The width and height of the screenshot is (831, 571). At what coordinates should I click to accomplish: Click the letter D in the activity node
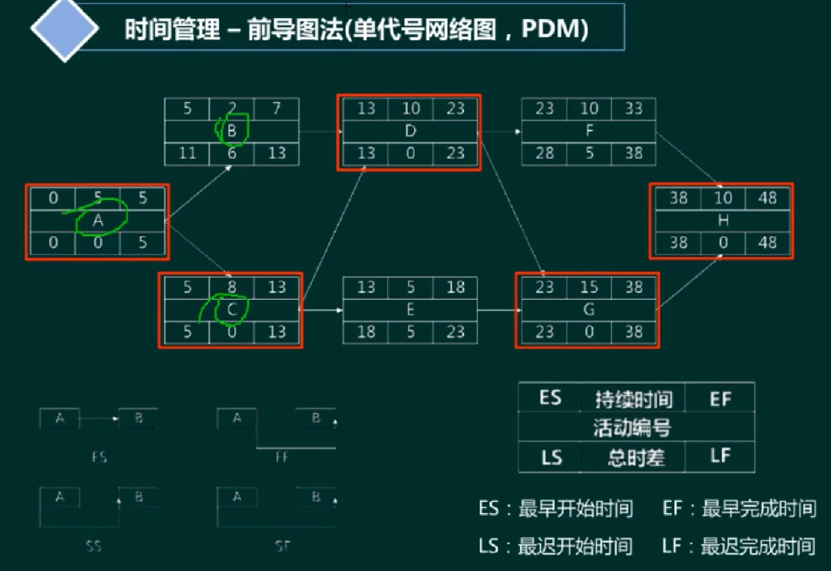click(x=410, y=131)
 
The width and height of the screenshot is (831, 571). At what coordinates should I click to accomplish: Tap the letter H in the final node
click(x=722, y=220)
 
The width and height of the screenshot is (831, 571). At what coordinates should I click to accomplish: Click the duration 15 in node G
click(x=588, y=287)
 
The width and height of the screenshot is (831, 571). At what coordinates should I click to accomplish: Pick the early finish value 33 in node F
click(x=633, y=109)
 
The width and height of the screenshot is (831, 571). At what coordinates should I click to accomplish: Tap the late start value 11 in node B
click(x=187, y=153)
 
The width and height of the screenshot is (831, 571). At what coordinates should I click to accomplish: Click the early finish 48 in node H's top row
click(x=767, y=198)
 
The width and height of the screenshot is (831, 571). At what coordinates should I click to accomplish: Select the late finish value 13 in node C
click(x=277, y=332)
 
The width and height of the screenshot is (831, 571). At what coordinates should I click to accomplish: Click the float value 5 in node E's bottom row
click(x=410, y=332)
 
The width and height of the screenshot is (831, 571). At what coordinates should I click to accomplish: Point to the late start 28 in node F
click(x=544, y=153)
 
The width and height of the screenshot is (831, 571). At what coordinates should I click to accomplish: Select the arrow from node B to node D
click(x=321, y=131)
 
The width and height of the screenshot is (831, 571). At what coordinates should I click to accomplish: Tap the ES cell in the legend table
click(x=550, y=398)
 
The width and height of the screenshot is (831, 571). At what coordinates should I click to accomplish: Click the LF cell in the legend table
click(x=720, y=457)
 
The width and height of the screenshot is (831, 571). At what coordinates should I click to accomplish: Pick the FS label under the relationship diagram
click(x=99, y=458)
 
